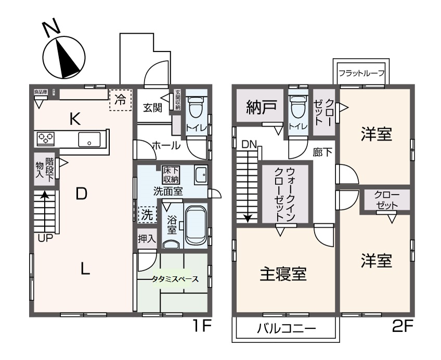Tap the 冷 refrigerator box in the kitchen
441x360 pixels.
(120, 100)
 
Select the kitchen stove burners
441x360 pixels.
(46, 139)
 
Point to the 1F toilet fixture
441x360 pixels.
(197, 110)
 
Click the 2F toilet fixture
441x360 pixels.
(299, 110)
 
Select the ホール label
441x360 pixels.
(166, 146)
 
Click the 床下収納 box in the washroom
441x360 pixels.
(170, 175)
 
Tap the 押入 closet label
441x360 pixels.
(147, 239)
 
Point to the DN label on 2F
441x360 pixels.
(249, 146)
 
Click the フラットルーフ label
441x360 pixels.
(361, 73)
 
